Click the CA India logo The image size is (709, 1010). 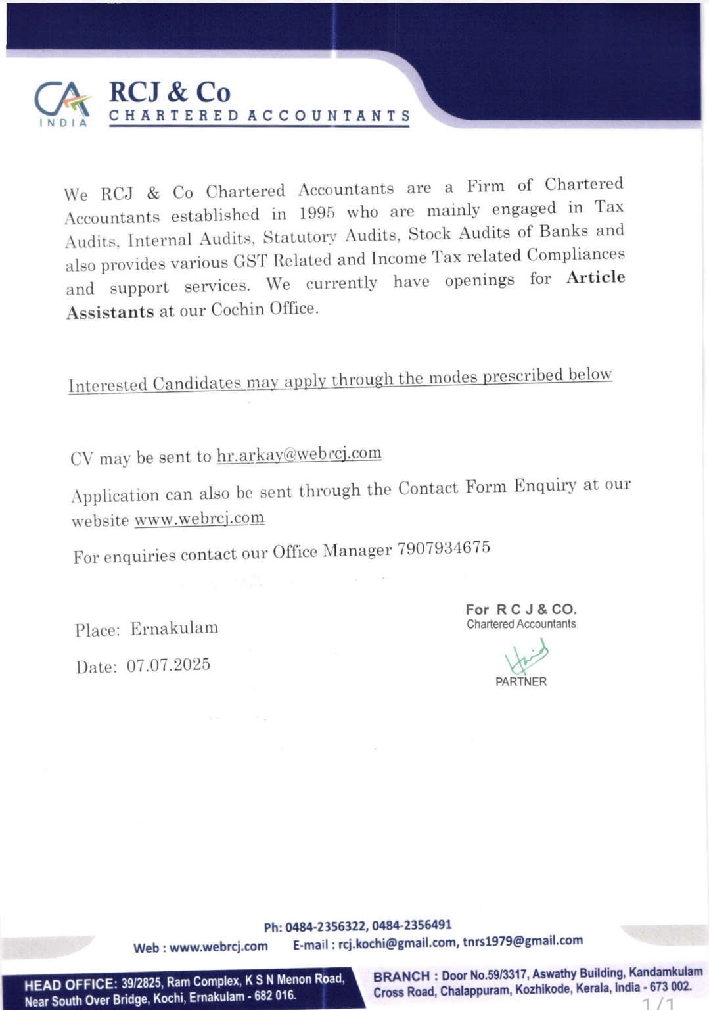tap(62, 104)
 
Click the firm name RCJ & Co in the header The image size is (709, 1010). tap(170, 92)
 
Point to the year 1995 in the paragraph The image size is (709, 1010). tap(317, 213)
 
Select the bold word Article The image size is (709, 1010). tap(595, 277)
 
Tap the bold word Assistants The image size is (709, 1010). tap(110, 312)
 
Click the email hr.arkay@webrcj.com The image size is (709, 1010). tap(299, 454)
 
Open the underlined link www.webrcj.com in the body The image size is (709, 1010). tap(199, 519)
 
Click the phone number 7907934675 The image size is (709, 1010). tap(444, 548)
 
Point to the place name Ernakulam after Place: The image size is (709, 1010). tap(174, 628)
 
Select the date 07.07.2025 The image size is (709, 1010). tap(168, 665)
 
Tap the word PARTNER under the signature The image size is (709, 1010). tap(520, 682)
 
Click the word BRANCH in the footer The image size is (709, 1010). tap(401, 976)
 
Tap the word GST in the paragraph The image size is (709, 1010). tap(250, 261)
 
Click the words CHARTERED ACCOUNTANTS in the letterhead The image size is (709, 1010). tap(260, 116)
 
